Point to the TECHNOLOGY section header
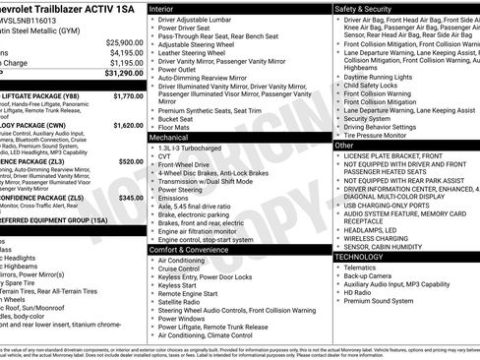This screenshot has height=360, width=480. click(x=362, y=256)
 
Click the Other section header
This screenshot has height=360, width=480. click(x=345, y=145)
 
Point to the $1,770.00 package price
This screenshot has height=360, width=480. click(x=128, y=96)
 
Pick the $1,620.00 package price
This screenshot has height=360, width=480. click(x=128, y=126)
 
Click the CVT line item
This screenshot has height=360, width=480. click(x=164, y=156)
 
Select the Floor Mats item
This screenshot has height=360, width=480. click(x=175, y=127)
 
